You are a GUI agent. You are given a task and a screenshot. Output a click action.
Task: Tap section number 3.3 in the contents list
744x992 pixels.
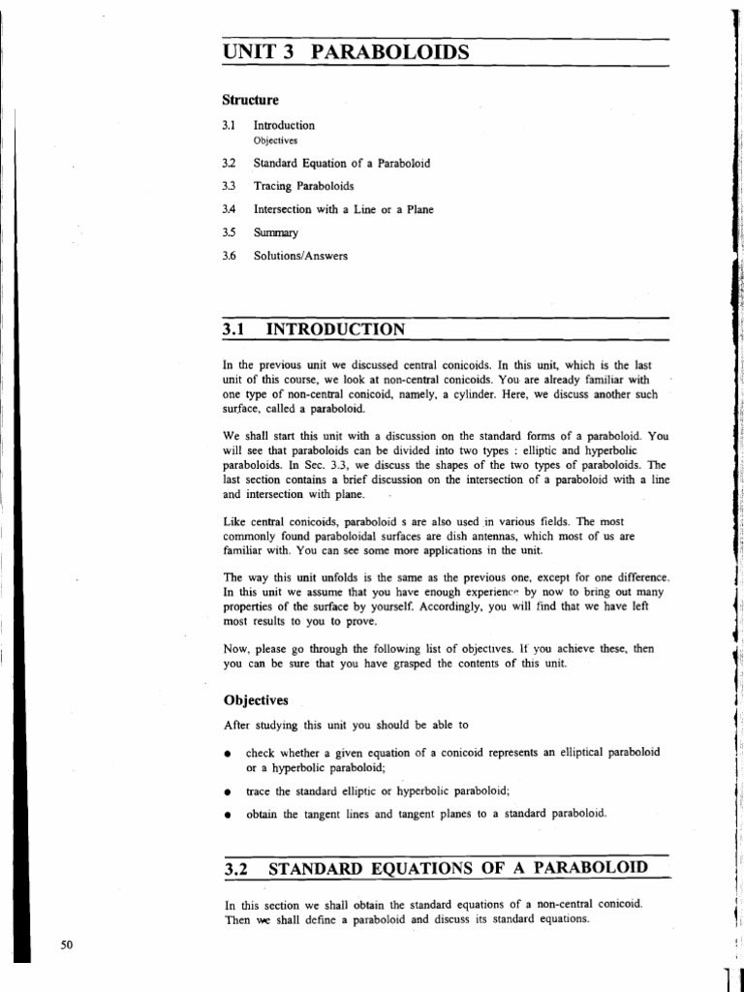click(x=229, y=185)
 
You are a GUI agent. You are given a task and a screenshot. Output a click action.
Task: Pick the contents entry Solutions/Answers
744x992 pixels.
click(x=300, y=256)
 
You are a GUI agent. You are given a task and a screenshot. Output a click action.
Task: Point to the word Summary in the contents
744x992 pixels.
click(x=276, y=232)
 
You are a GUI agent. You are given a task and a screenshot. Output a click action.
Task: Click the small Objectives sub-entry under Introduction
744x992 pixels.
click(x=275, y=139)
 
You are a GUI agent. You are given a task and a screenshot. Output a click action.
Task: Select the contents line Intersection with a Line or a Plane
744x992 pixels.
click(x=343, y=208)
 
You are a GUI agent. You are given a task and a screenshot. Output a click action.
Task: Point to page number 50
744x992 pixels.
click(x=67, y=946)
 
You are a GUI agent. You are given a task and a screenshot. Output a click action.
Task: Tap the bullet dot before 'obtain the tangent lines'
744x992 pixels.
click(x=227, y=815)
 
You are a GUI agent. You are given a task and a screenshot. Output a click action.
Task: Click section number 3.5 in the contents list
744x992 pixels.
click(x=229, y=232)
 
